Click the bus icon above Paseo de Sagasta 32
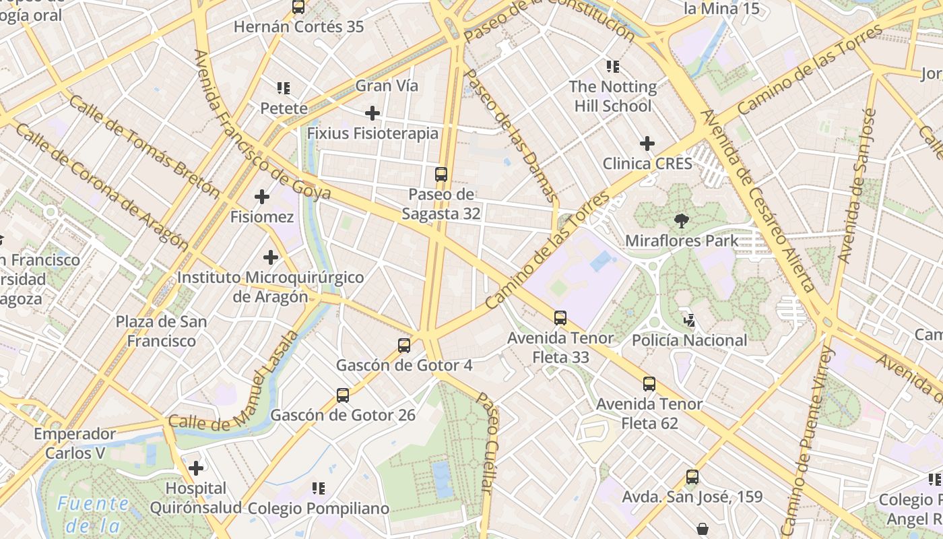tap(441, 175)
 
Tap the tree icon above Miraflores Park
tap(682, 220)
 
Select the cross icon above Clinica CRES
tap(647, 143)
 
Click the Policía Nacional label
tap(689, 340)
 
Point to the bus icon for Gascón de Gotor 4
tap(404, 346)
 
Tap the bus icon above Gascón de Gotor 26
tap(343, 395)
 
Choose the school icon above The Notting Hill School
tap(612, 67)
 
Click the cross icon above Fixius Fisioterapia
tap(372, 113)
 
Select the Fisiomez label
tap(262, 217)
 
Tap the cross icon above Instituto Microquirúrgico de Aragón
tap(271, 257)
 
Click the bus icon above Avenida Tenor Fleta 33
tap(560, 318)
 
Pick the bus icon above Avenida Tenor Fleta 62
tap(649, 384)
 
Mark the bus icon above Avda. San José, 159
tap(692, 477)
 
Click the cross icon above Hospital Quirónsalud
tap(196, 468)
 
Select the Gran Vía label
tap(387, 86)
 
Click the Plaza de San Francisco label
tap(162, 331)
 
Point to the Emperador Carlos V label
tap(75, 443)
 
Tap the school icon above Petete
tap(284, 88)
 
